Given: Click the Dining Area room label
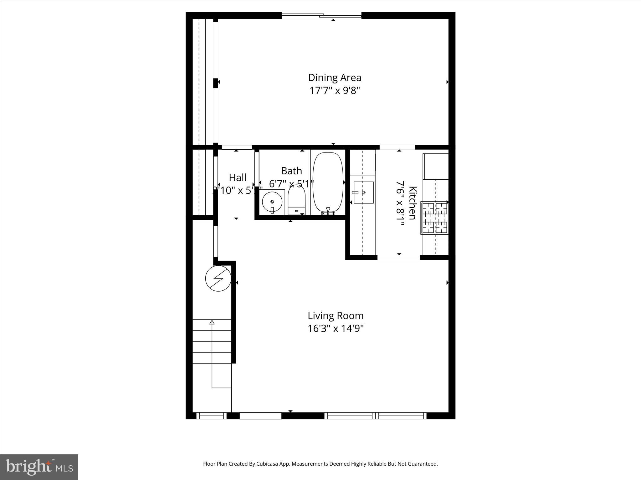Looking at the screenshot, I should (x=335, y=77).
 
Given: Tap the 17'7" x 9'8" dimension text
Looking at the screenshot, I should (x=335, y=91).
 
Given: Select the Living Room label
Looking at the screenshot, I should (x=335, y=316).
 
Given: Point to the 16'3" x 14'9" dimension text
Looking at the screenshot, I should (x=335, y=329).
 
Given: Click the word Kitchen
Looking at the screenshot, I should (x=413, y=203).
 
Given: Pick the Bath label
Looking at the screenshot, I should (x=291, y=171).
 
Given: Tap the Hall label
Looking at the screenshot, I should (x=238, y=177).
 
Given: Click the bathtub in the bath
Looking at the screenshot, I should (x=328, y=182).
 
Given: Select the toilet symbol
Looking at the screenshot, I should (x=296, y=200).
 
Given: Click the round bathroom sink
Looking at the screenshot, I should (x=272, y=202).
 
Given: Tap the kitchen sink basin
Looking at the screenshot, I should (x=363, y=192).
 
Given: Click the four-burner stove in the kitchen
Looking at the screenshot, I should (x=435, y=218).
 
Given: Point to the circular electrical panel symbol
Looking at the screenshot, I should (x=218, y=278).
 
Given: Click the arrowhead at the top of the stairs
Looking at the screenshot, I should (x=212, y=322).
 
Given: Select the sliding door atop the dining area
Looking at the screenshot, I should (x=321, y=15).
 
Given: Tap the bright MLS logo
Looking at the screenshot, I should (x=39, y=467).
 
